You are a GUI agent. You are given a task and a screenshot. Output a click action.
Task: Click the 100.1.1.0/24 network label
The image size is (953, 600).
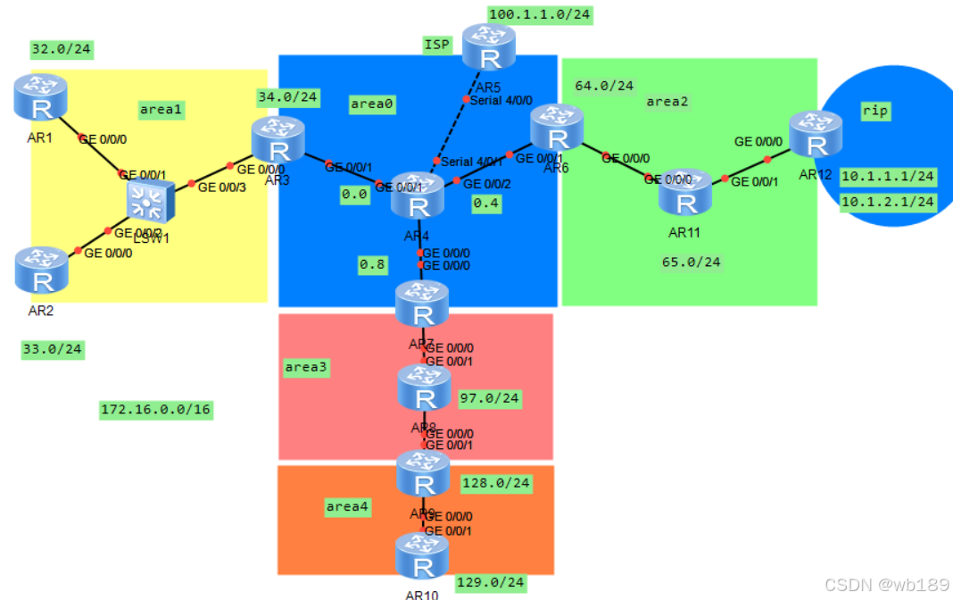click(540, 14)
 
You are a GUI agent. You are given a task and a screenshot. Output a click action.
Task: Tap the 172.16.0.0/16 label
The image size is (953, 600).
click(156, 410)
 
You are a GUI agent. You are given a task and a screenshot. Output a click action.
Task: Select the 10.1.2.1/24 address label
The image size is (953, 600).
click(888, 202)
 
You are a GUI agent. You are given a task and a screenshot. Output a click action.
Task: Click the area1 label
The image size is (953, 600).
click(161, 109)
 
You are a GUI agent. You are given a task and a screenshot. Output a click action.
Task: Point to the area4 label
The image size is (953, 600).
click(347, 507)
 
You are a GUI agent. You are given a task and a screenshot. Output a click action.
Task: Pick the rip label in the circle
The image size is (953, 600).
click(874, 111)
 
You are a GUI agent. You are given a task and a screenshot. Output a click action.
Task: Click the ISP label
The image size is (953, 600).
click(436, 45)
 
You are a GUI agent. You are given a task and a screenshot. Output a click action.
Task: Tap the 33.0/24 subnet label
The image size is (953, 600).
click(53, 350)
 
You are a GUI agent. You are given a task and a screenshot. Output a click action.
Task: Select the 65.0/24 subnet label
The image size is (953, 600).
click(691, 262)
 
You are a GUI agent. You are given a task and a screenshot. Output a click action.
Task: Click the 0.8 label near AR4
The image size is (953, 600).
click(372, 264)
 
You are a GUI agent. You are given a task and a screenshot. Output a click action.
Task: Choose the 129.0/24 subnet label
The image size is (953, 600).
click(490, 583)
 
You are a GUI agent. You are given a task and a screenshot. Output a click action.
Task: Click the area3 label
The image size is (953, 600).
click(306, 367)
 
